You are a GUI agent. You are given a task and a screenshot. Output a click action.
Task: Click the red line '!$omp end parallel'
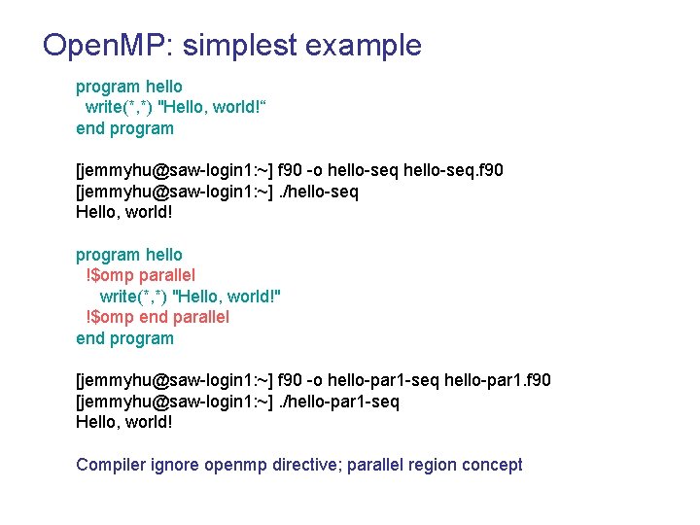(x=157, y=317)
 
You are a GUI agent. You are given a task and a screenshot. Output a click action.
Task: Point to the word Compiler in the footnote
(x=111, y=465)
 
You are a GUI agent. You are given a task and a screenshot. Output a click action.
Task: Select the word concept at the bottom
(x=490, y=465)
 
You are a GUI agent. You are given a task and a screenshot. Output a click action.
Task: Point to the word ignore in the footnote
(x=175, y=465)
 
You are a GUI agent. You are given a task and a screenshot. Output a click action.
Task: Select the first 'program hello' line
(x=129, y=87)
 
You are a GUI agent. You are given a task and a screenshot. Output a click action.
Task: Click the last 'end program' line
(x=124, y=338)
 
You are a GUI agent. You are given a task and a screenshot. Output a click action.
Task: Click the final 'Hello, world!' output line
(x=124, y=422)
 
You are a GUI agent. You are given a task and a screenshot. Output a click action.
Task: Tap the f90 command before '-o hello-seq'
(x=291, y=170)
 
